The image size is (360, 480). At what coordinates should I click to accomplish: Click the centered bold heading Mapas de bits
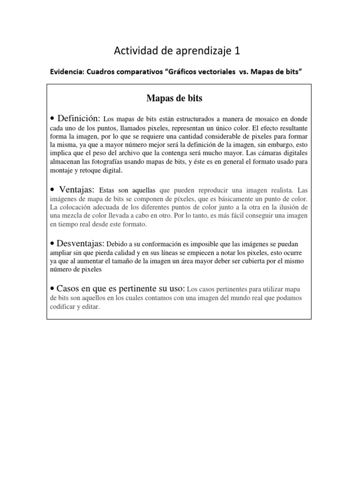(x=174, y=98)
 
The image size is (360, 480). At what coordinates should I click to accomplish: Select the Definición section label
(x=79, y=118)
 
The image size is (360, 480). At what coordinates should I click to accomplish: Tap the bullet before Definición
(x=53, y=118)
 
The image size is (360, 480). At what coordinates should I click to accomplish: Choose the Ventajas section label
(x=77, y=190)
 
